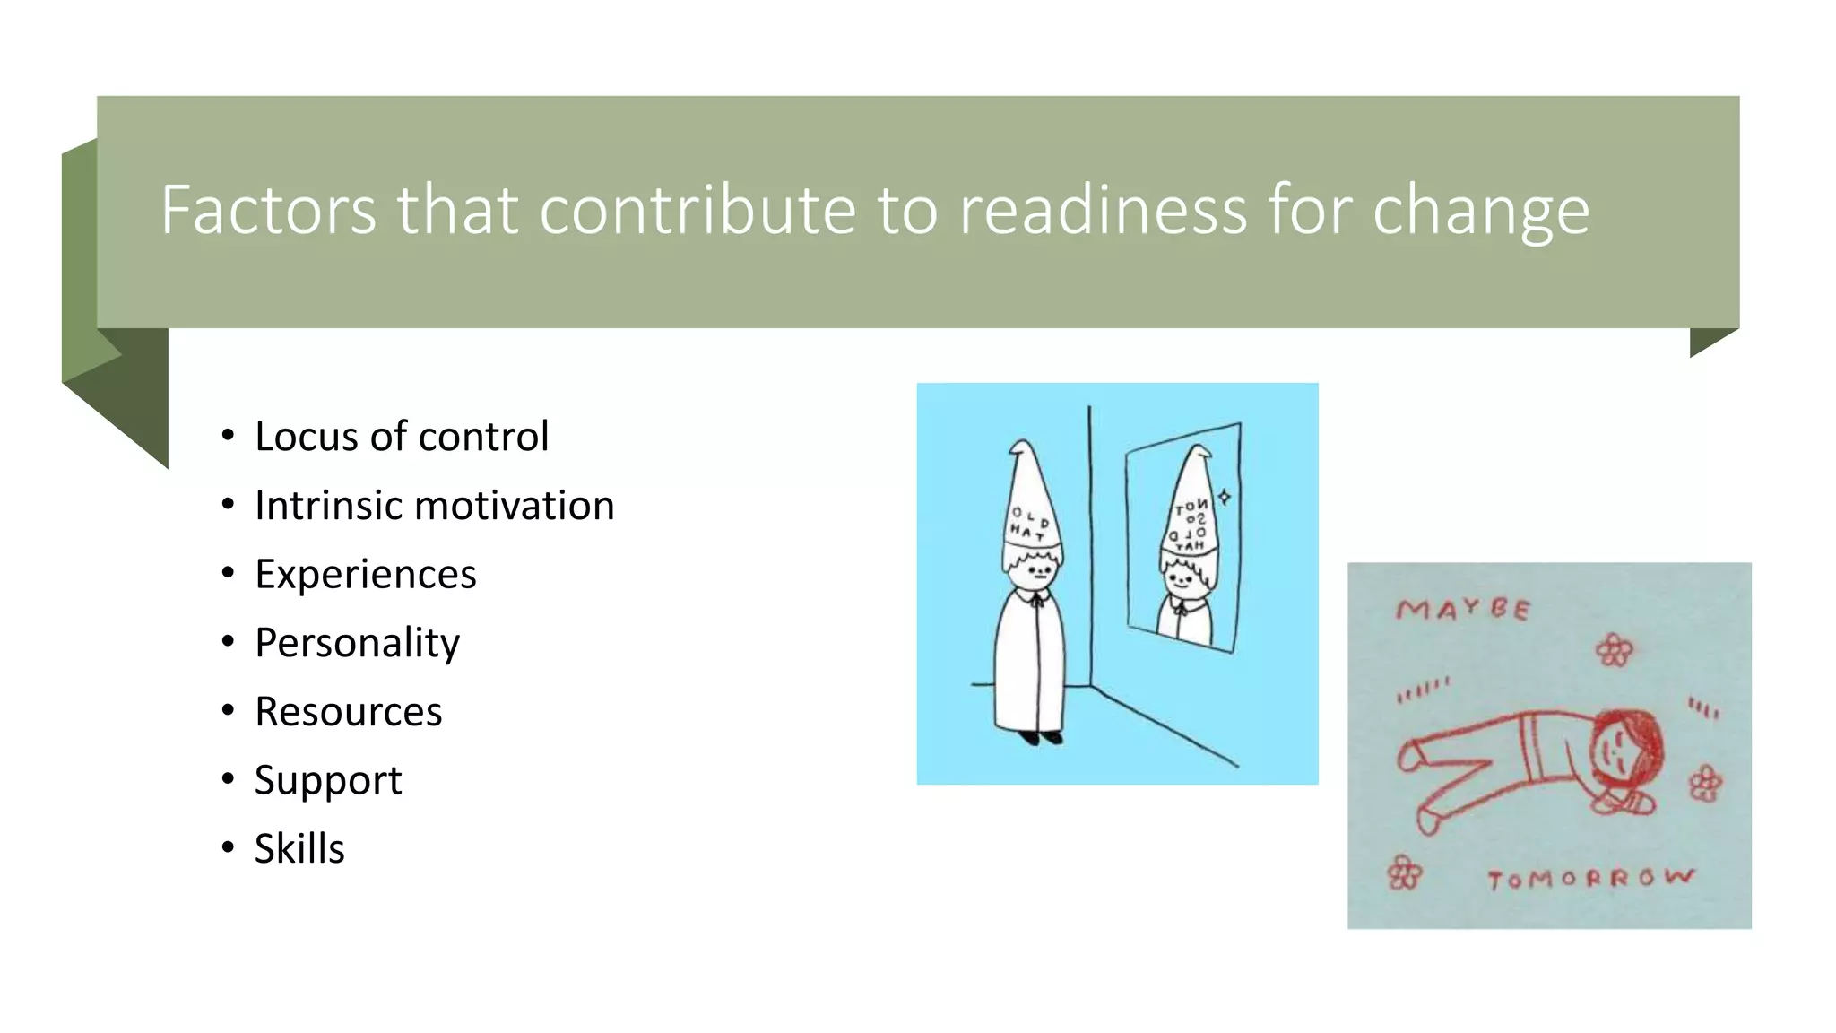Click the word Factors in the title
268,210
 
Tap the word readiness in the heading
1102,210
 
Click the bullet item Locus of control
401,437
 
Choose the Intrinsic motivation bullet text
434,506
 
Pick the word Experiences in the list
365,574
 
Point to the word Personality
357,643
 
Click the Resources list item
348,712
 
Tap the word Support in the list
327,780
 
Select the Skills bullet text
299,848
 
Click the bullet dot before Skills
228,846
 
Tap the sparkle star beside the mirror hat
1225,496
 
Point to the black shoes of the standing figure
1040,738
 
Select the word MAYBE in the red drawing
1462,610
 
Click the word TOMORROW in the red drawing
1590,878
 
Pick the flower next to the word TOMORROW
1404,872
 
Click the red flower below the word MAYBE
1614,650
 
